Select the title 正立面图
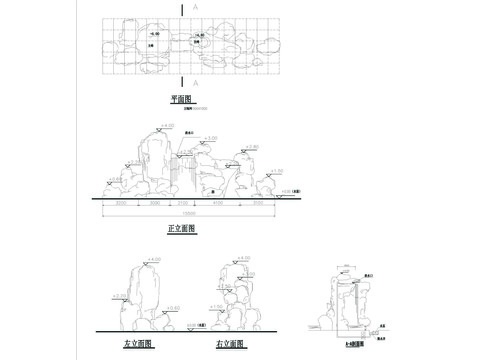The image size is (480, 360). pyautogui.click(x=182, y=229)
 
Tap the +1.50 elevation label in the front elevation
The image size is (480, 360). pyautogui.click(x=277, y=171)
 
